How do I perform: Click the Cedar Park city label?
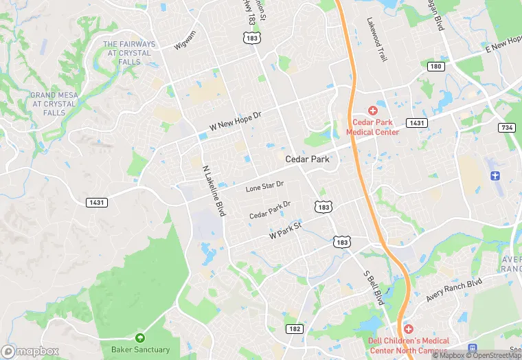coord(307,159)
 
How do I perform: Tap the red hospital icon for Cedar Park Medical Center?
coord(373,111)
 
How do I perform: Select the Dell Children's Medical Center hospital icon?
coord(409,330)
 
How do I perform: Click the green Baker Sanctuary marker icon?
coord(140,338)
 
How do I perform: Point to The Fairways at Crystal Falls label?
coord(129,53)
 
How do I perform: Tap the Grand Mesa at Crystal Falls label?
coord(53,104)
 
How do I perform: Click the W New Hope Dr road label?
coord(236,122)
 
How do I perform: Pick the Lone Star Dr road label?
coord(264,187)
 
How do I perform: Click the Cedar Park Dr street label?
coord(270,210)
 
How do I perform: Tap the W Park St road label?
coord(286,230)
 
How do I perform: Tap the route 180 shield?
coord(435,66)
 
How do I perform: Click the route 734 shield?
coord(507,128)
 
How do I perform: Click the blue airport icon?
coord(496,175)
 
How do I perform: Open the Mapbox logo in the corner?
coord(30,351)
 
